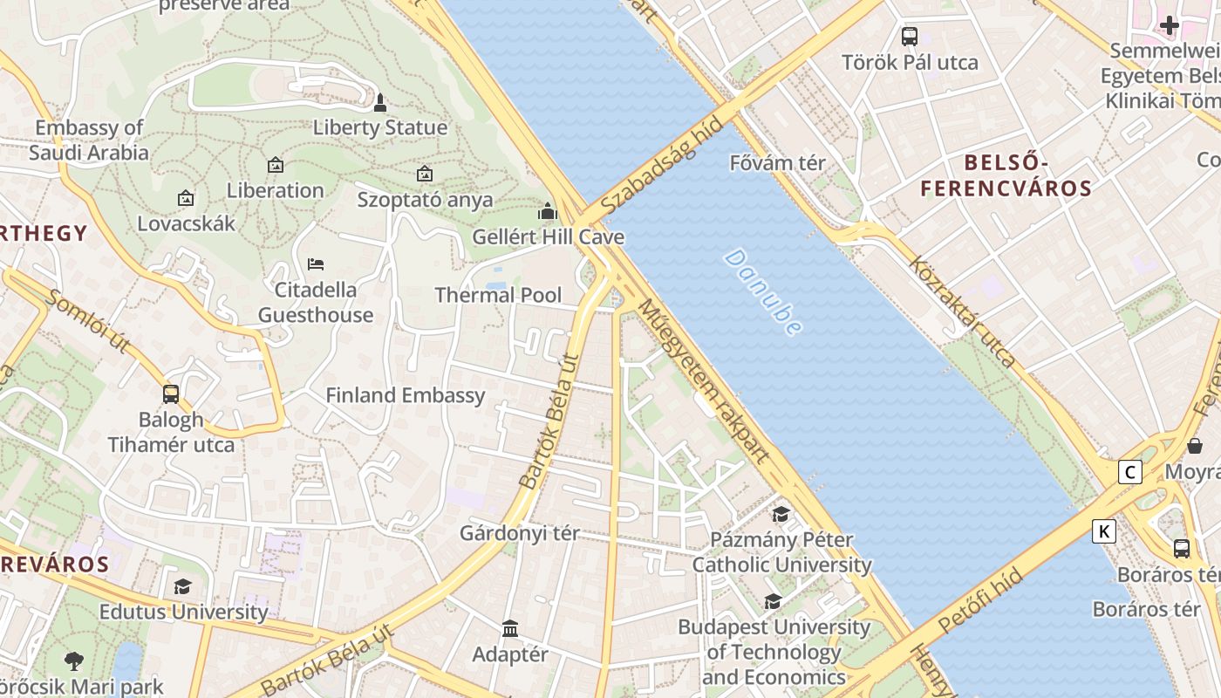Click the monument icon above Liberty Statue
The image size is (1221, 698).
click(379, 103)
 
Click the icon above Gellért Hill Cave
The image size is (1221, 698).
click(548, 211)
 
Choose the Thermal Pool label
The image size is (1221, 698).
click(498, 295)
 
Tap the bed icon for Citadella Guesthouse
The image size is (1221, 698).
click(316, 263)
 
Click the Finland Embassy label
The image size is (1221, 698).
click(405, 395)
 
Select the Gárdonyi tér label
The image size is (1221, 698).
click(519, 533)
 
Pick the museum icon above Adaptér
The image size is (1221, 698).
click(510, 628)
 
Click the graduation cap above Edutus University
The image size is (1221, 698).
click(182, 586)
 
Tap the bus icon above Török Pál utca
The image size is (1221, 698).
click(910, 37)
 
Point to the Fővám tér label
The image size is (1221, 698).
click(777, 162)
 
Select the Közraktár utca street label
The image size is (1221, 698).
click(962, 311)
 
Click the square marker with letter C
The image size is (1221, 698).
click(1130, 472)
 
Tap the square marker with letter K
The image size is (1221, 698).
click(1104, 530)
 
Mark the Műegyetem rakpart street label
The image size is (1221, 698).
click(705, 380)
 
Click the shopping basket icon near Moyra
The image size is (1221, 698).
click(1195, 446)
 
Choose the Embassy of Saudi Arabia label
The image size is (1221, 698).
click(89, 140)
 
